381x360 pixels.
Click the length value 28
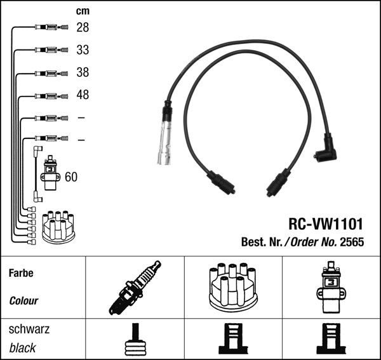[83, 27]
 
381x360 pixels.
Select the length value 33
[83, 50]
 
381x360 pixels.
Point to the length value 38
[83, 72]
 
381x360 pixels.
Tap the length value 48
[83, 95]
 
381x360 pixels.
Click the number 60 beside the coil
[71, 177]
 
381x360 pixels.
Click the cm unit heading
[83, 11]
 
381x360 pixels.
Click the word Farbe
[20, 273]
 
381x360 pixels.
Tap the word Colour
[23, 301]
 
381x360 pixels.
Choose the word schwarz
[29, 330]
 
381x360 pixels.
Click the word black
[23, 348]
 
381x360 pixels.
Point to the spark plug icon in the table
[135, 287]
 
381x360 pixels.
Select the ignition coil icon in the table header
[330, 287]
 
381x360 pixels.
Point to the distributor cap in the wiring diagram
[58, 227]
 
